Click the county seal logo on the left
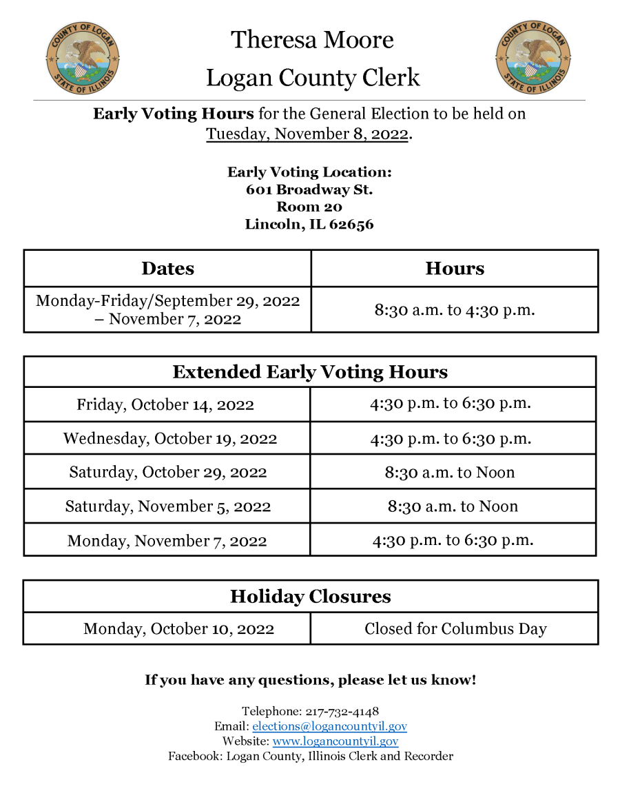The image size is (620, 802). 83,57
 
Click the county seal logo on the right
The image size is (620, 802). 533,57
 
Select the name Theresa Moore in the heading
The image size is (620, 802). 312,40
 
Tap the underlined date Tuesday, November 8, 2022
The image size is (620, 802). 307,134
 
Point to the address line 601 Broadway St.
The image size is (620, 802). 309,189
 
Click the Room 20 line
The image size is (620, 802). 309,207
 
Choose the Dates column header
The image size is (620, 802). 167,269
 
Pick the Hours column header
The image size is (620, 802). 455,269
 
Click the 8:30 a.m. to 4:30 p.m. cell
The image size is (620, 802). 455,310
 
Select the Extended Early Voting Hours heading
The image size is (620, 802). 310,372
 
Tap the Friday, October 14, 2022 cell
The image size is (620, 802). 165,404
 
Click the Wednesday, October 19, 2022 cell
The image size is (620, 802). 170,438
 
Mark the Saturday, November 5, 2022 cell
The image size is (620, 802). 168,506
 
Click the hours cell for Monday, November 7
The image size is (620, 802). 453,540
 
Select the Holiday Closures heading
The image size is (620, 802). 310,597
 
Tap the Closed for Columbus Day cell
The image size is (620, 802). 455,629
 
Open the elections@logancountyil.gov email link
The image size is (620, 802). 329,726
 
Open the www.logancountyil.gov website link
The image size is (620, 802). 335,741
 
